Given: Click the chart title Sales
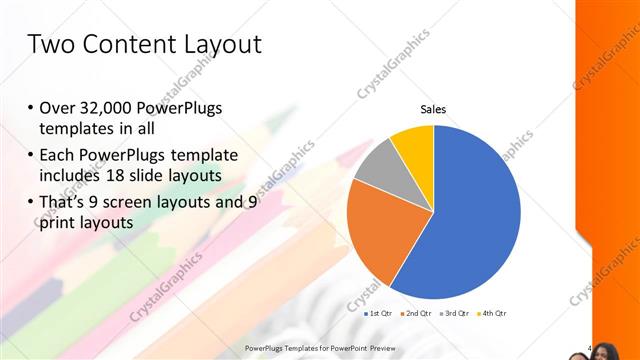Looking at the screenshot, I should pyautogui.click(x=432, y=110).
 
